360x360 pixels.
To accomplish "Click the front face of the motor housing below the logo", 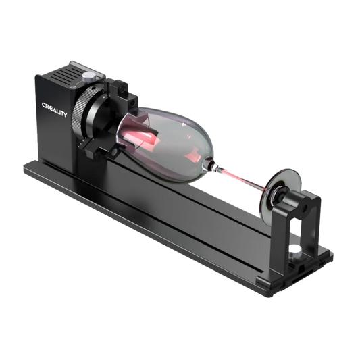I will (61, 142).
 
